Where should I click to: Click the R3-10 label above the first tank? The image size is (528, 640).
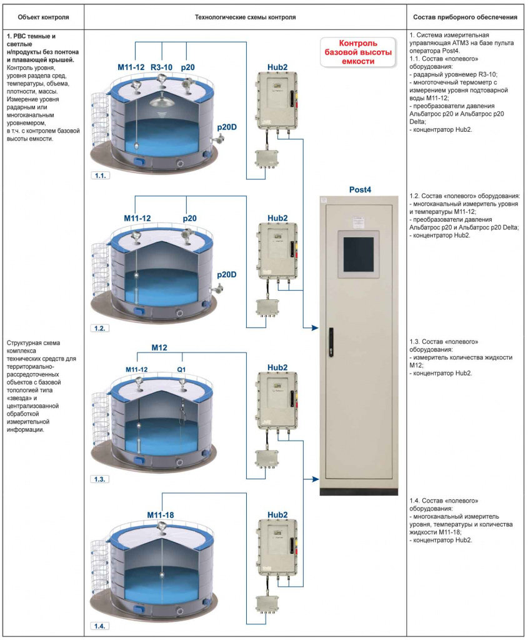[x=162, y=67]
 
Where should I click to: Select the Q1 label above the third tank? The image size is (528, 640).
[x=181, y=369]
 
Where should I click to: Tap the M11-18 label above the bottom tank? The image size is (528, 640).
[x=161, y=515]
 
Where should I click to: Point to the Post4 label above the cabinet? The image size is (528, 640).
[x=360, y=190]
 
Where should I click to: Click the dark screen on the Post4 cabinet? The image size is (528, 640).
[x=359, y=254]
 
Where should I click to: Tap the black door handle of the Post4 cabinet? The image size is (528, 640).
[x=331, y=342]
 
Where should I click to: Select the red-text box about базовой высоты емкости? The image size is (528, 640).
[x=358, y=52]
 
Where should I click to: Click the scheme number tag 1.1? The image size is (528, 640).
[x=100, y=176]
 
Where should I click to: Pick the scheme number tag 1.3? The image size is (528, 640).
[x=100, y=479]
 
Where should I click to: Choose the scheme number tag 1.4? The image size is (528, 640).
[x=100, y=626]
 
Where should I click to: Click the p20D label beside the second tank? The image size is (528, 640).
[x=226, y=275]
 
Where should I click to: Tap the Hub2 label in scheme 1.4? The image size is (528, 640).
[x=277, y=515]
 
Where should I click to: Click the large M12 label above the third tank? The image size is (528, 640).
[x=159, y=347]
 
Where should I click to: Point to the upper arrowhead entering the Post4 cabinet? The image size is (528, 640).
[x=315, y=327]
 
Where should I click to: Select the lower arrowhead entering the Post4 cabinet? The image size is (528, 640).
[x=315, y=479]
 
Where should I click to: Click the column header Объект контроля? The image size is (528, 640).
[x=43, y=17]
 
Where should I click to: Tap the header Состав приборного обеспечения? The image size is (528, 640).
[x=465, y=17]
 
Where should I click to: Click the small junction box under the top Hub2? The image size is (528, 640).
[x=266, y=158]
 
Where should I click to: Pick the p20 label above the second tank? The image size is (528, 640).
[x=189, y=218]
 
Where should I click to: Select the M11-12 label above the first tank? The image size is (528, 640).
[x=131, y=67]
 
